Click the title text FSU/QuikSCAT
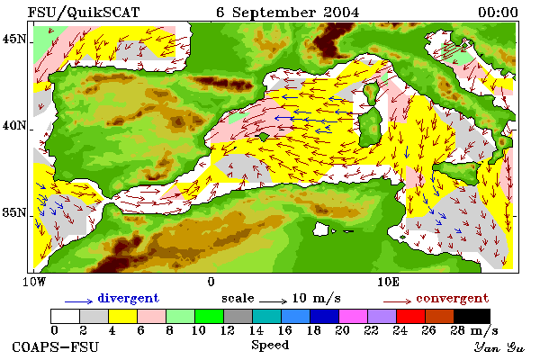(x=84, y=13)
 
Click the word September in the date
(x=274, y=13)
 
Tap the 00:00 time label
(x=498, y=13)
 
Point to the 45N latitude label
(x=14, y=40)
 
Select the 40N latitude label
(x=14, y=126)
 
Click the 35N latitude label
(x=14, y=212)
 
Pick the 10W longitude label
(x=34, y=282)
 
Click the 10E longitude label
(x=389, y=282)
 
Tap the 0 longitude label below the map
(x=211, y=282)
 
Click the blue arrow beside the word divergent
(x=79, y=301)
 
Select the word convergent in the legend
(x=453, y=298)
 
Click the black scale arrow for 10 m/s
(x=273, y=301)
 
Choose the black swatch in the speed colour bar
(x=472, y=316)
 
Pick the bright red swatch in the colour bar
(x=411, y=316)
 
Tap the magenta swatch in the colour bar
(x=354, y=316)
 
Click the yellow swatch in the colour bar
(x=123, y=316)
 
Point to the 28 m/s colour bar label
(x=474, y=331)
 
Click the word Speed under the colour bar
(x=270, y=346)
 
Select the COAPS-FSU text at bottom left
(x=56, y=347)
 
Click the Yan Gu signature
(x=499, y=347)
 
